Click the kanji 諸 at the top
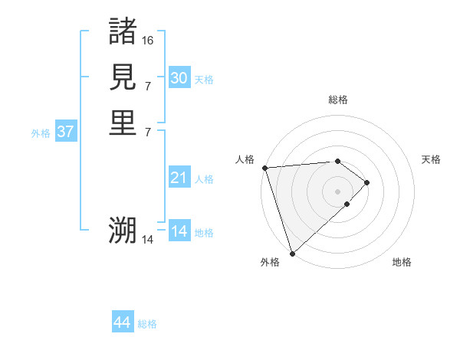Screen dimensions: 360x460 coord(123,31)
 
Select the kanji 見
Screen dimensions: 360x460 coord(123,77)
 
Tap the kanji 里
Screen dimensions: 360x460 coord(123,123)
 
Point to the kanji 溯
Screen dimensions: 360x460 coord(123,230)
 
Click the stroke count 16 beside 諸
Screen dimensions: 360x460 coord(148,40)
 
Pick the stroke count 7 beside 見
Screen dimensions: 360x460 coord(148,86)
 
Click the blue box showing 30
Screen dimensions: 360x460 coord(179,78)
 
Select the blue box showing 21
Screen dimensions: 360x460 coord(179,178)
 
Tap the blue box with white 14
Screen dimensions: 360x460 coord(179,231)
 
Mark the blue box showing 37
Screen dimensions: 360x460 coord(65,132)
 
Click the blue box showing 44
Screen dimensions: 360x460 coord(122,323)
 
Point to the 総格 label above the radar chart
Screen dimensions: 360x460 coord(338,100)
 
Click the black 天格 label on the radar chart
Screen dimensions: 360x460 coord(432,159)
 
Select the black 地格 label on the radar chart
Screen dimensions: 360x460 coord(402,262)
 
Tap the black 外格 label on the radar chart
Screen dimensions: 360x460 coord(270,262)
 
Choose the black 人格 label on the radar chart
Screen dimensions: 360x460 coord(245,159)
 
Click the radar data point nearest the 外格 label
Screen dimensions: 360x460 coord(292,253)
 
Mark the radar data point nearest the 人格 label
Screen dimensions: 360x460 coord(264,168)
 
